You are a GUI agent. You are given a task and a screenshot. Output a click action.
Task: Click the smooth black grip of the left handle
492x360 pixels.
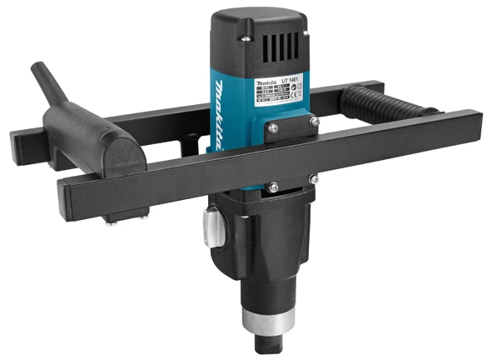(87, 137)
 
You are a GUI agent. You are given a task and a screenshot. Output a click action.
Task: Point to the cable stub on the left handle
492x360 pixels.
(44, 80)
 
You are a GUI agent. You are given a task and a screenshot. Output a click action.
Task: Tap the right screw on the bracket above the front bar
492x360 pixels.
(313, 122)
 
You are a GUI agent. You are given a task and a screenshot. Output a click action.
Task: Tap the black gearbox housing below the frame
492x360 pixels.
(261, 242)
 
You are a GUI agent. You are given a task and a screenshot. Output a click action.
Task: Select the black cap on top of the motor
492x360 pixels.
(259, 37)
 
